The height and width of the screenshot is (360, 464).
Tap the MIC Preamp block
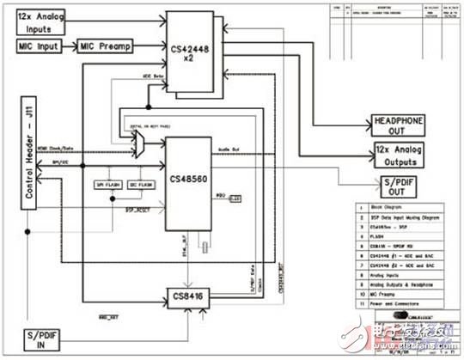click(105, 45)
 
